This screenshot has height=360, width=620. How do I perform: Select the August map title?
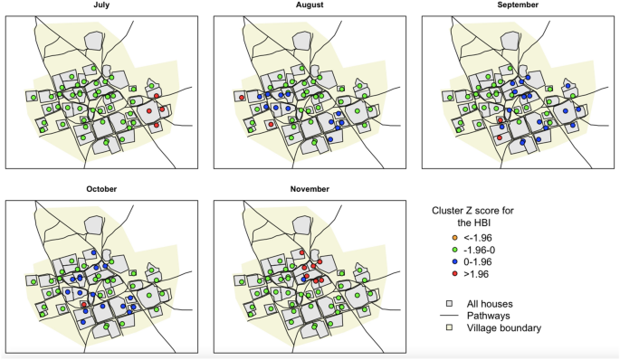pyautogui.click(x=309, y=5)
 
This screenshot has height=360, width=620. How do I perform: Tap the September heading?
pyautogui.click(x=517, y=5)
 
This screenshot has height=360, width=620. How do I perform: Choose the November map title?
pyautogui.click(x=309, y=189)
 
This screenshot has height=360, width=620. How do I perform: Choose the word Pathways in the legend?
pyautogui.click(x=489, y=315)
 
